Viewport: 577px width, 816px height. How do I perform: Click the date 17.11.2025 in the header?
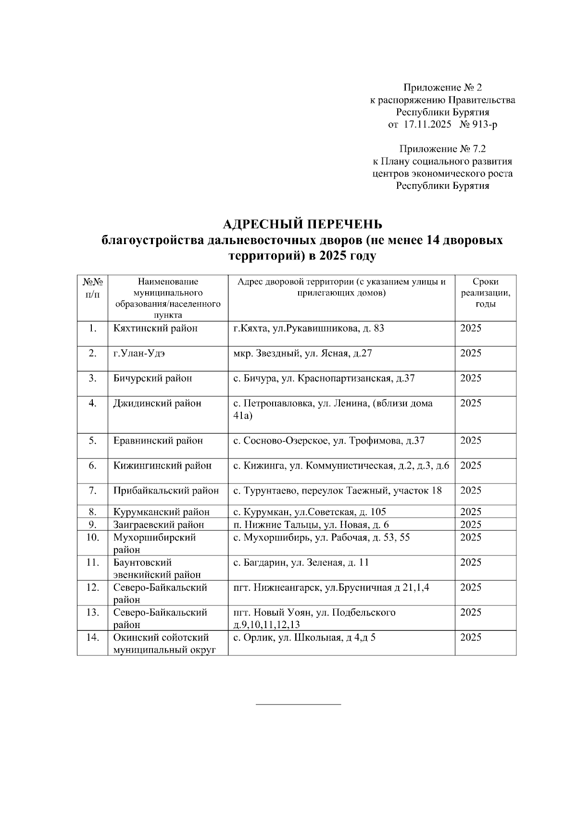pos(427,125)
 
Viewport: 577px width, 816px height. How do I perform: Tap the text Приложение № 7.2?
pos(442,149)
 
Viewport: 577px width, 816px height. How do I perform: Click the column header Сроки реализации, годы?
pos(485,293)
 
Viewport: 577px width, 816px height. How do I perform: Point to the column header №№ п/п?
pos(92,287)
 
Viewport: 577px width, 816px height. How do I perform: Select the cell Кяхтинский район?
pos(155,329)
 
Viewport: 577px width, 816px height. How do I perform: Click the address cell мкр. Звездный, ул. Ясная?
pos(302,354)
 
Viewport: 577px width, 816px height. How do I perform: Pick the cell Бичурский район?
pos(152,379)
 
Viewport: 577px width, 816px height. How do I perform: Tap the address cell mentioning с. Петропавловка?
pos(333,409)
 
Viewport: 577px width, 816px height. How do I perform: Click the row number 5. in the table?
pos(92,441)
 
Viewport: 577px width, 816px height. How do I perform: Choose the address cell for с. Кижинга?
pos(341,466)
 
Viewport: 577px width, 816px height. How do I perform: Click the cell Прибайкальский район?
pos(166,491)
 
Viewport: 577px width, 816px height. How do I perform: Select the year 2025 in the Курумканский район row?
pos(470,512)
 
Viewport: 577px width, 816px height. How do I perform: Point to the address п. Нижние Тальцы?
pos(311,525)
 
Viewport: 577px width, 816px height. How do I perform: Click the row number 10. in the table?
pos(92,537)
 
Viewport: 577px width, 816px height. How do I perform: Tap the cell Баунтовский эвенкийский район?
pos(157,569)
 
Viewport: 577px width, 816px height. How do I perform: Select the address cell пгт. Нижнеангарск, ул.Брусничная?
pos(331,588)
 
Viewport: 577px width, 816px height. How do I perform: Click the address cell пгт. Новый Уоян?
pos(314,618)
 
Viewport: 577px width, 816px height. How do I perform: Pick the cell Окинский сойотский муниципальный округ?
pos(164,643)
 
